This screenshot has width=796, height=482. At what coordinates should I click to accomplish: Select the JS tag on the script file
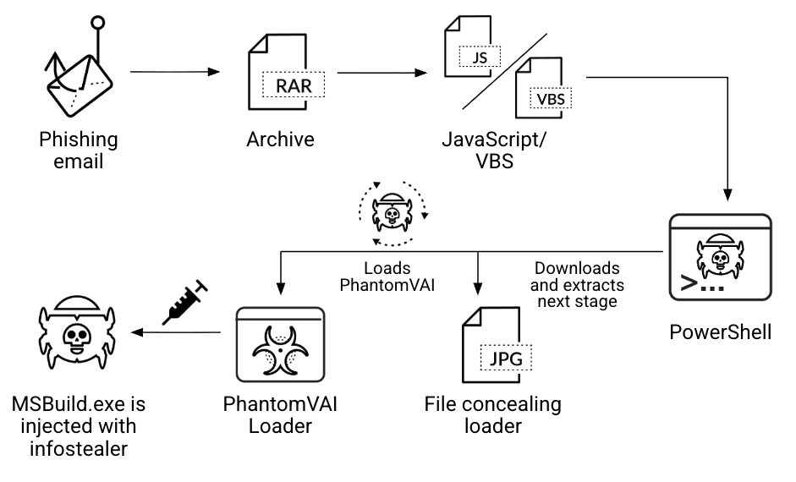click(x=479, y=58)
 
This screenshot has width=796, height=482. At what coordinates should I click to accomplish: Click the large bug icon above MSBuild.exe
click(x=77, y=333)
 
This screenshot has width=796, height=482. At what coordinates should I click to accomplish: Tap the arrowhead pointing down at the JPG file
click(x=480, y=284)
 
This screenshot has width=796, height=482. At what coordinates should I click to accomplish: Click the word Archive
click(x=280, y=140)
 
